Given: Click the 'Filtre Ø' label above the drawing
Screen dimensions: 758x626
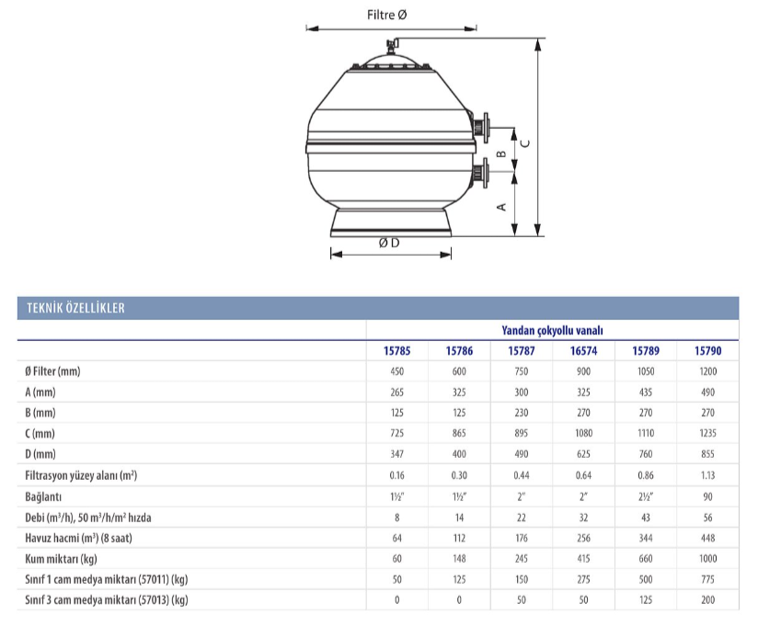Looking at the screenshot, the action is coord(386,15).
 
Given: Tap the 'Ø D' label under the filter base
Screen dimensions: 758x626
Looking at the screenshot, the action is coord(389,243).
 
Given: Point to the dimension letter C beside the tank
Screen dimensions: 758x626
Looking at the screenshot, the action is coord(525,143).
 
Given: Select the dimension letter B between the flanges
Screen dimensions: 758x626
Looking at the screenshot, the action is coord(501,154).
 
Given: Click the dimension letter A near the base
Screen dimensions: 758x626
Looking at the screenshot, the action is coord(501,207).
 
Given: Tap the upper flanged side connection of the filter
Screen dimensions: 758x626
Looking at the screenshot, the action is coord(480,128).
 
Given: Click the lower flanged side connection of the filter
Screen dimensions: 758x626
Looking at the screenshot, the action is coord(480,172).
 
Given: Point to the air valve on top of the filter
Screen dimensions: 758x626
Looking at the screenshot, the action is coord(391,46).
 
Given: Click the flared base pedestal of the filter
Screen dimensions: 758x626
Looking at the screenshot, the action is coord(391,222).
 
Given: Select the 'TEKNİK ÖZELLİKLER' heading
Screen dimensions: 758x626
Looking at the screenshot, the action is coord(76,308).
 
